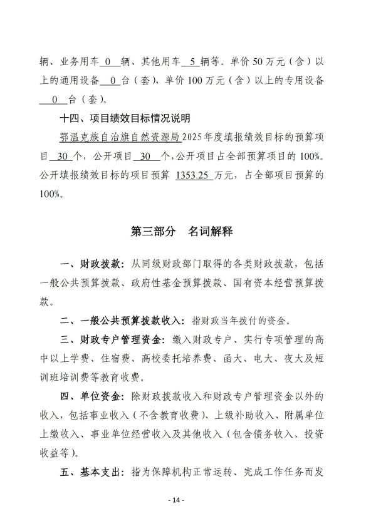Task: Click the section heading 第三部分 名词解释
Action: pyautogui.click(x=182, y=232)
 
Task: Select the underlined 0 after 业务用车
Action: pyautogui.click(x=107, y=63)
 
